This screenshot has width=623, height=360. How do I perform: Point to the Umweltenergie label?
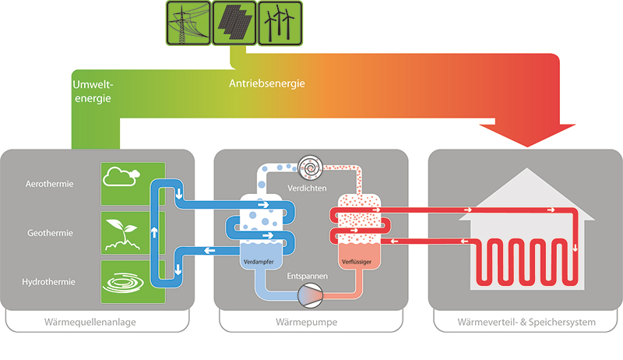coord(92,91)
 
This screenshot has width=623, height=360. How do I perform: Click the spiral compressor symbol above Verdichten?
coord(311,168)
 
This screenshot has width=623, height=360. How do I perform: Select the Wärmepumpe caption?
coord(311,322)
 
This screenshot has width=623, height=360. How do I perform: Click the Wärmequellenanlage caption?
coord(100,322)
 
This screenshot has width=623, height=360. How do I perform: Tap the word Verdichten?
coord(311,188)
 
